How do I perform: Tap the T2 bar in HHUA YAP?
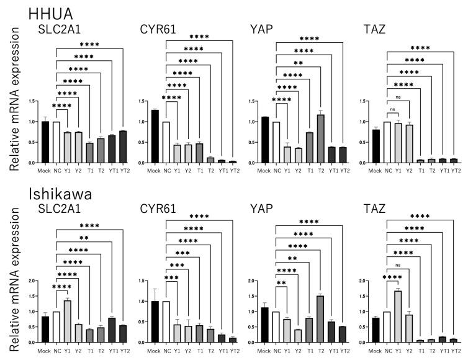(x=322, y=138)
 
